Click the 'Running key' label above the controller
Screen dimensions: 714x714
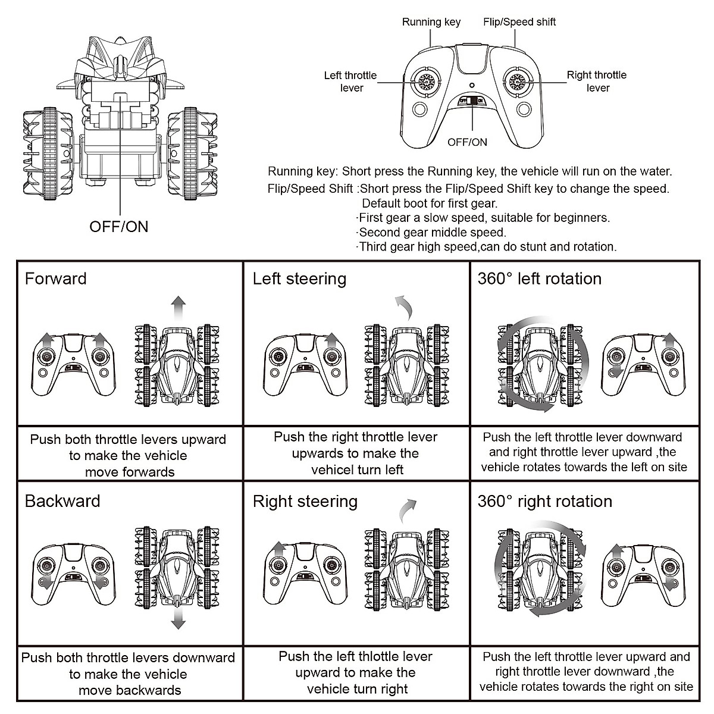pyautogui.click(x=431, y=22)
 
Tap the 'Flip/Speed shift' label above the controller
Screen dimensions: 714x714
pyautogui.click(x=519, y=22)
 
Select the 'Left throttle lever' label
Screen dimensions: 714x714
pyautogui.click(x=350, y=82)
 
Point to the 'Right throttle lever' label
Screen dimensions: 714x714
pyautogui.click(x=597, y=81)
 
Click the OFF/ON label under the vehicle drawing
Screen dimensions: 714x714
pyautogui.click(x=119, y=226)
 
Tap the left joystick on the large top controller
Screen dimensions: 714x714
pyautogui.click(x=426, y=82)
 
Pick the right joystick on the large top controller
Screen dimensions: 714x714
pyautogui.click(x=518, y=82)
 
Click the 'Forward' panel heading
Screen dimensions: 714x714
pyautogui.click(x=55, y=278)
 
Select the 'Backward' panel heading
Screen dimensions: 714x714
pyautogui.click(x=62, y=501)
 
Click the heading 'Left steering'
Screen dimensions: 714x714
pyautogui.click(x=299, y=279)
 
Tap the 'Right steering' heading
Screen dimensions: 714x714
pyautogui.click(x=305, y=502)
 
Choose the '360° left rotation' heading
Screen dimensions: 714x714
pyautogui.click(x=540, y=278)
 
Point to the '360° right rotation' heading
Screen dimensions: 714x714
pyautogui.click(x=545, y=501)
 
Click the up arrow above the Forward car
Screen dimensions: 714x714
pyautogui.click(x=178, y=309)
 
